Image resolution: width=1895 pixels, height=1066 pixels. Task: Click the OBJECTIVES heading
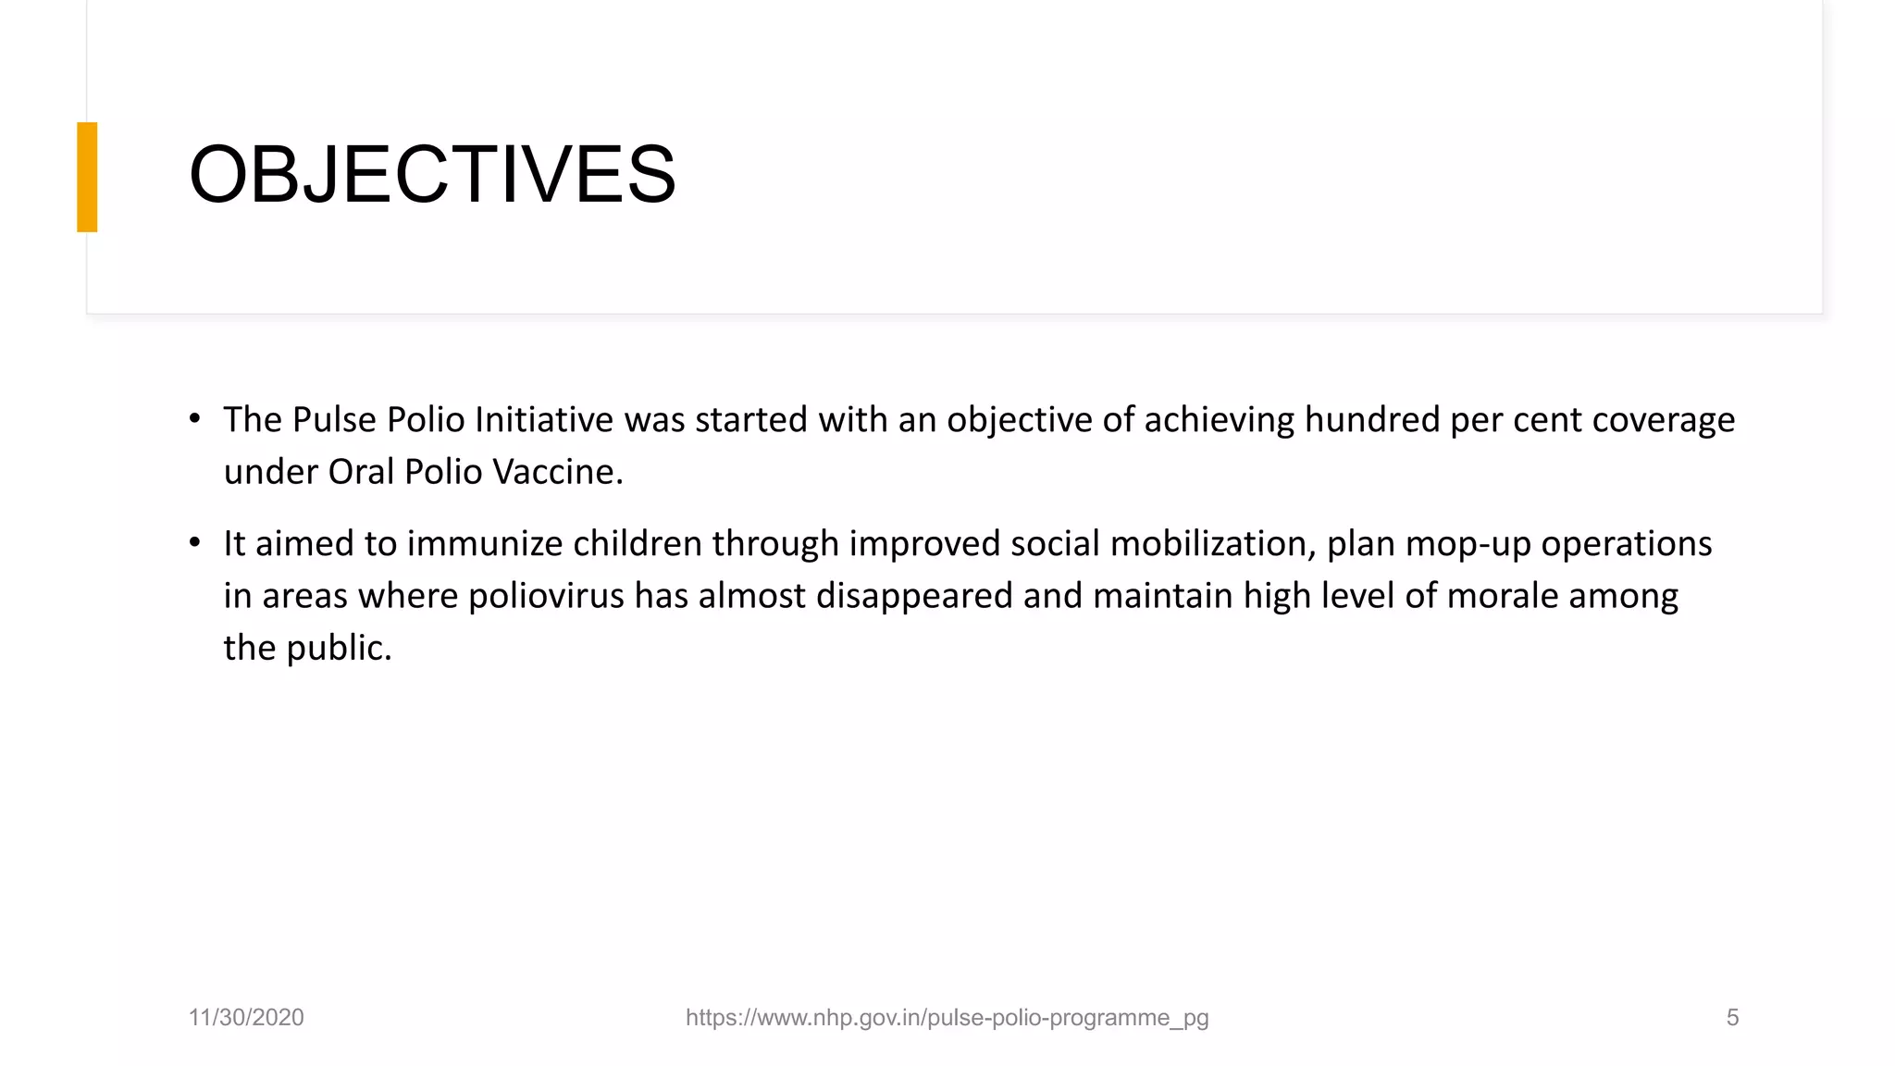point(432,174)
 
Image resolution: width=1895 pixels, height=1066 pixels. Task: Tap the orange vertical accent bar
point(87,177)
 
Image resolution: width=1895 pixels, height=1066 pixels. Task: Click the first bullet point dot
point(194,419)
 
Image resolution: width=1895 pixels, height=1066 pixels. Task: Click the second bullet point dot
point(194,543)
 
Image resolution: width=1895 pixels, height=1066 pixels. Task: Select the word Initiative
point(543,420)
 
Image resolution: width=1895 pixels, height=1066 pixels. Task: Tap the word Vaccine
point(557,472)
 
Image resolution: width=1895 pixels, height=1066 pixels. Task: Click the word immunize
point(485,544)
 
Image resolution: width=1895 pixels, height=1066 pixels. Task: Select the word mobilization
point(1212,544)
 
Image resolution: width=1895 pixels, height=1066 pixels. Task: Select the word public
point(339,649)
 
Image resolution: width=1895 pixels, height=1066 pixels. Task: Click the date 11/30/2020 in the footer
point(246,1018)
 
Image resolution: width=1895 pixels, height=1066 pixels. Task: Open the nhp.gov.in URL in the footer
point(947,1018)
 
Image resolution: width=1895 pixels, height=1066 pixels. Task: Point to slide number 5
point(1732,1018)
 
